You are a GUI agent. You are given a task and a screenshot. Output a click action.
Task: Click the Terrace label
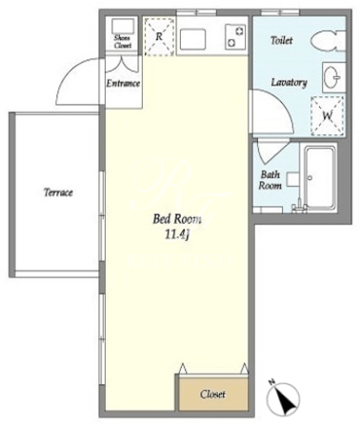coord(58,193)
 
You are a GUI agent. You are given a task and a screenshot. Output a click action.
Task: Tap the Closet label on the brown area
coord(212,394)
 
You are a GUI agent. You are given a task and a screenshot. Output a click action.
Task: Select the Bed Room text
coord(177,219)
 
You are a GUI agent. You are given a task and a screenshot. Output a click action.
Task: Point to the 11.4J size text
coord(177,234)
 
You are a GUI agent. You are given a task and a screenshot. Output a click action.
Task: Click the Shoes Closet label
coord(123,42)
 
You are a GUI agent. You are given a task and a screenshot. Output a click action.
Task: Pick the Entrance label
coord(124,84)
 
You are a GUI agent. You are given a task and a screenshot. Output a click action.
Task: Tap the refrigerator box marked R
coord(159,37)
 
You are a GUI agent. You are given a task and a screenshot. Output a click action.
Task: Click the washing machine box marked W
coord(328,116)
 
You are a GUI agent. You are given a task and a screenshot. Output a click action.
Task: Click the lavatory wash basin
coord(332,78)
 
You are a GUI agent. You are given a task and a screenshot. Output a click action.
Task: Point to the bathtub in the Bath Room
coord(320,179)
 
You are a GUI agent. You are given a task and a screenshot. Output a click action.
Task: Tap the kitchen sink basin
coord(193,39)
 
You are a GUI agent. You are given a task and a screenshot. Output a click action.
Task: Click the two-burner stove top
coord(235,37)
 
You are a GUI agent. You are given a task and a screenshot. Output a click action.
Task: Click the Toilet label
coord(281,40)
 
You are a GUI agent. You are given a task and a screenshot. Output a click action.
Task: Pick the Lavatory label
coord(289,83)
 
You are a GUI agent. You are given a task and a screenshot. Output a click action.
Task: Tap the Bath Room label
coord(270,180)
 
